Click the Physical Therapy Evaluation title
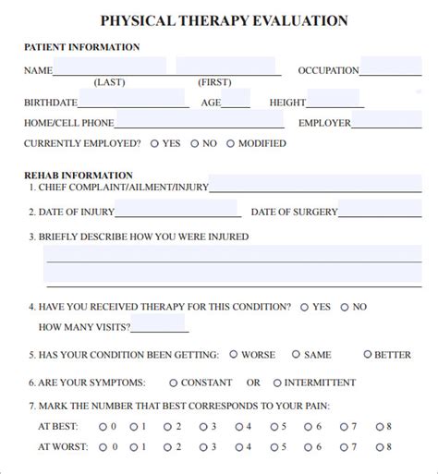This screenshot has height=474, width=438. (224, 20)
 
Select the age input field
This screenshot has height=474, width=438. (237, 101)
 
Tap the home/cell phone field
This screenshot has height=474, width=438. (200, 121)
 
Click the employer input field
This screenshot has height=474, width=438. (395, 121)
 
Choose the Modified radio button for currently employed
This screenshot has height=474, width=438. (231, 143)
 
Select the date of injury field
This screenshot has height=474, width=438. (164, 211)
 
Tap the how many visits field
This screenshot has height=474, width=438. (159, 325)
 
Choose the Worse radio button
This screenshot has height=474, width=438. (234, 354)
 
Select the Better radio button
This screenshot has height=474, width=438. (368, 354)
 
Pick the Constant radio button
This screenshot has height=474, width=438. (173, 383)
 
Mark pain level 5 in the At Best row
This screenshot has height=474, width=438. (274, 426)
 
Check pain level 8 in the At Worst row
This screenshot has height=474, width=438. (378, 447)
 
